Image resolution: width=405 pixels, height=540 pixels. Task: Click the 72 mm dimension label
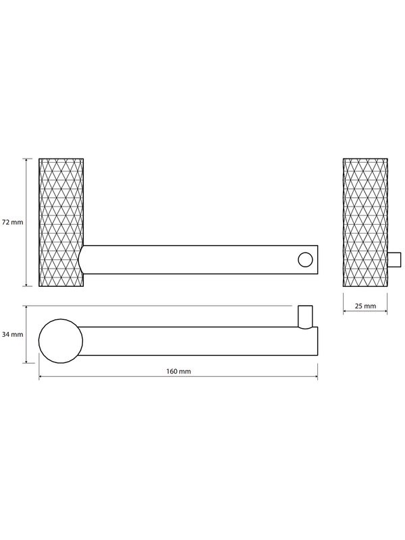coord(12,222)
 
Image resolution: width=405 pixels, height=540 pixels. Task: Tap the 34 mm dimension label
coord(12,334)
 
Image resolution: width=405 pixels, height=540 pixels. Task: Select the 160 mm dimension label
coord(178,371)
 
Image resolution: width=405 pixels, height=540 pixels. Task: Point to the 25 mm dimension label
coord(365,306)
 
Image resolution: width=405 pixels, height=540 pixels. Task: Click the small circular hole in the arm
coord(305,260)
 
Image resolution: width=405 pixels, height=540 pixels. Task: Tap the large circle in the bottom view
coord(61,341)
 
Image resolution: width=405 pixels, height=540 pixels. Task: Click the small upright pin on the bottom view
coord(305,316)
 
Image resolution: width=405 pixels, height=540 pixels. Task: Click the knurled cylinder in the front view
coord(61,223)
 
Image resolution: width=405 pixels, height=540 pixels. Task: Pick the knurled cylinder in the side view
coord(365,223)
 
